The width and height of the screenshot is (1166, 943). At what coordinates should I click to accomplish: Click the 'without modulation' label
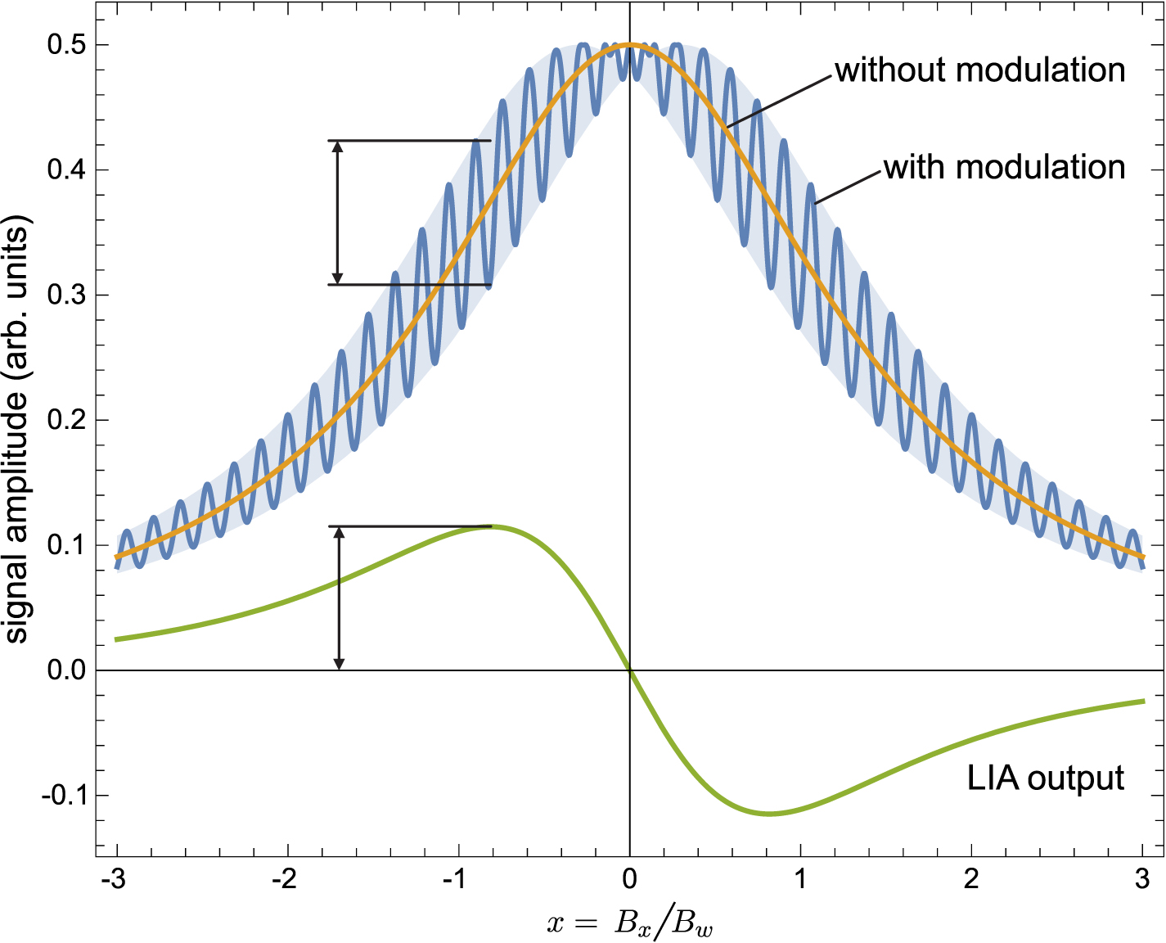pyautogui.click(x=979, y=70)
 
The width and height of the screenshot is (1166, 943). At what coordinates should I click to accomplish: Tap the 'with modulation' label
pyautogui.click(x=1004, y=168)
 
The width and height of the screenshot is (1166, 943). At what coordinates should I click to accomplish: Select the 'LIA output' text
pyautogui.click(x=1045, y=778)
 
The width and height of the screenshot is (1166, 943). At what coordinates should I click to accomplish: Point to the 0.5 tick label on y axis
pyautogui.click(x=66, y=45)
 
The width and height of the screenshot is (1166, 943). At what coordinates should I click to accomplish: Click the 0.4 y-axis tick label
pyautogui.click(x=66, y=170)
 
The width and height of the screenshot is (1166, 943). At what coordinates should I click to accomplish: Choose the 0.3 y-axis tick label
pyautogui.click(x=66, y=296)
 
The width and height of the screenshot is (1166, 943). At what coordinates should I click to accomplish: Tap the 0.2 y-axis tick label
pyautogui.click(x=66, y=421)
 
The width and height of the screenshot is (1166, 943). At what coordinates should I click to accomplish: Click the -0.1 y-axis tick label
pyautogui.click(x=63, y=796)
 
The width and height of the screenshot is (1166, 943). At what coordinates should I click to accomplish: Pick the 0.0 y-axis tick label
pyautogui.click(x=66, y=670)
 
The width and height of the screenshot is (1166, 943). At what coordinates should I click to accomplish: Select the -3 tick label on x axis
pyautogui.click(x=112, y=880)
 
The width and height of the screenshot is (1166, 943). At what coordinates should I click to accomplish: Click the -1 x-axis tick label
pyautogui.click(x=454, y=880)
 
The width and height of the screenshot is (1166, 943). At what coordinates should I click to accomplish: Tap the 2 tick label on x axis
pyautogui.click(x=971, y=880)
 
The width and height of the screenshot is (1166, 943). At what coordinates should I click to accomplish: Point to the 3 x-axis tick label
pyautogui.click(x=1142, y=880)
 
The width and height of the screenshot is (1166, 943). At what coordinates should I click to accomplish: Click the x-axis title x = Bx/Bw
pyautogui.click(x=629, y=923)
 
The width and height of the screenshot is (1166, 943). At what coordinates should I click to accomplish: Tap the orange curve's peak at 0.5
pyautogui.click(x=629, y=44)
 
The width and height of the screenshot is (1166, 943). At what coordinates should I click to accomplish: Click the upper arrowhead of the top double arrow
pyautogui.click(x=337, y=147)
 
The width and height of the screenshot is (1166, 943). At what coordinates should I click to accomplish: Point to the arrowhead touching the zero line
pyautogui.click(x=340, y=664)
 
